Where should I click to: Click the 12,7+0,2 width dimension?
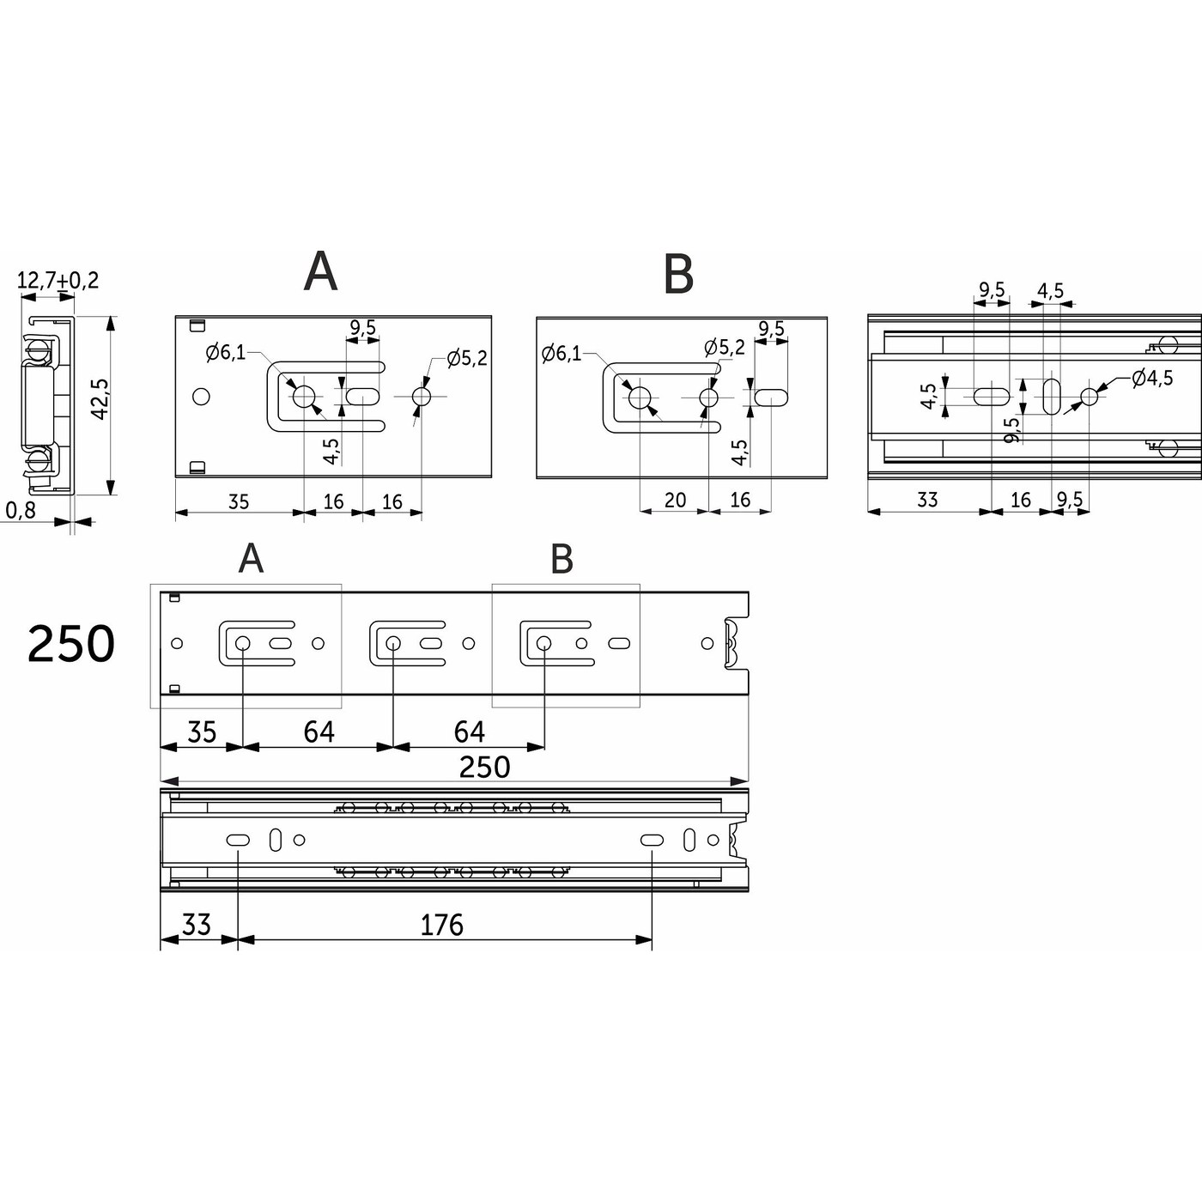pos(58,280)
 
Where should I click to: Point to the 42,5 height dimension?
pos(99,399)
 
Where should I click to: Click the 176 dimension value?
pos(441,925)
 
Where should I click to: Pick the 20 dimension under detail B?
pos(675,500)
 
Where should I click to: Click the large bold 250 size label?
pos(70,644)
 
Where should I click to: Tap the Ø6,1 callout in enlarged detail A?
pos(225,352)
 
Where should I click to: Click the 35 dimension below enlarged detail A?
pos(238,501)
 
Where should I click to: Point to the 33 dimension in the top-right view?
pos(927,500)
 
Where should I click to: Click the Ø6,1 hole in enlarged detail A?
pos(304,397)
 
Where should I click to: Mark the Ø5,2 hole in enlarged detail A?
pos(422,397)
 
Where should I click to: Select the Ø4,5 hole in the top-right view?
pos(1090,397)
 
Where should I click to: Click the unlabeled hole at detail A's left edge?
pos(202,397)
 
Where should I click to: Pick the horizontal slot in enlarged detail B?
pos(770,398)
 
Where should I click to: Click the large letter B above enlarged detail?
pos(678,275)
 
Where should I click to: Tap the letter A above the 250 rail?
pos(251,559)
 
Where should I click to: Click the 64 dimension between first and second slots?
pos(319,732)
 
